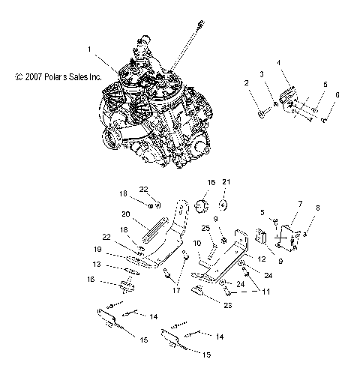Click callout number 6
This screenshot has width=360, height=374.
pyautogui.click(x=337, y=95)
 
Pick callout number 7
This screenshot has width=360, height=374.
pyautogui.click(x=300, y=203)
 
